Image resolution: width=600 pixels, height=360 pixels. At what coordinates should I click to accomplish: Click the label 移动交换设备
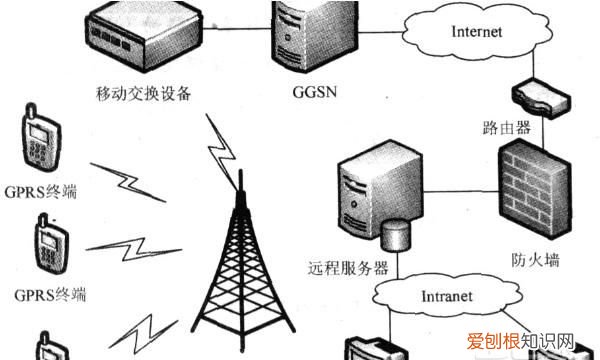click(145, 95)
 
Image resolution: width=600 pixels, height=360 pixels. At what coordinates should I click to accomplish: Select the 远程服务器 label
click(348, 267)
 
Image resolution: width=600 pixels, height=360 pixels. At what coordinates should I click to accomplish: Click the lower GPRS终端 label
click(51, 294)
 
